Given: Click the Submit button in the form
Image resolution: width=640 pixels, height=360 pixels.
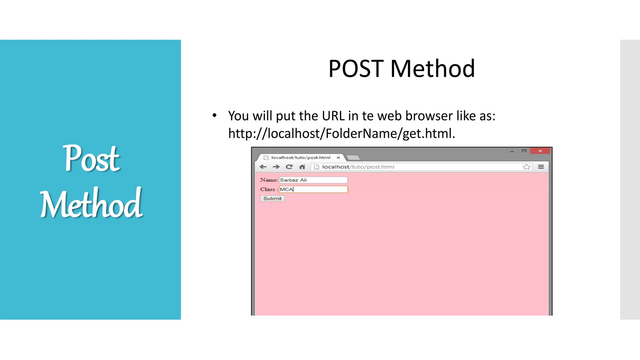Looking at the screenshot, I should (272, 198).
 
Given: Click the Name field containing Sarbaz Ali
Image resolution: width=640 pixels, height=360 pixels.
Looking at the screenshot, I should (313, 180).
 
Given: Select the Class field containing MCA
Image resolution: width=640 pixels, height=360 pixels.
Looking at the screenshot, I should (313, 189).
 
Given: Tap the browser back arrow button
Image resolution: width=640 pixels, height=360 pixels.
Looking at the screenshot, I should (263, 167).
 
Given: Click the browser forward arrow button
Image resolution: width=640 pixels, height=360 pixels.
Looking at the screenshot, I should (276, 167).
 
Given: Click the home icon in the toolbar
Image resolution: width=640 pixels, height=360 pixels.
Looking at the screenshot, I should (302, 167).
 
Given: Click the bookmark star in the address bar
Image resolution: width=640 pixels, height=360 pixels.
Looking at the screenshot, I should (526, 167).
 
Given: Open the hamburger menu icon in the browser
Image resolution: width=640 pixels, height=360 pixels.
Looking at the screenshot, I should (541, 167).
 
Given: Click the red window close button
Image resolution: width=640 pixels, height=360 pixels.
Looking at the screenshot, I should (540, 151).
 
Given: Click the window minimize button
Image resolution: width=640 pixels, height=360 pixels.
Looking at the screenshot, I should (512, 151).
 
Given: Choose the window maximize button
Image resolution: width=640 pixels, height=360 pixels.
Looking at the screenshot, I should (524, 151).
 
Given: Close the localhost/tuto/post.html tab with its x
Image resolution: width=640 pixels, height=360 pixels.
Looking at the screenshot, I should (338, 158).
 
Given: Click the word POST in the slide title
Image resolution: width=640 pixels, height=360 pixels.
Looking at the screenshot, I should (356, 69).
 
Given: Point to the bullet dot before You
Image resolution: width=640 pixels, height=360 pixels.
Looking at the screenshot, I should (214, 116).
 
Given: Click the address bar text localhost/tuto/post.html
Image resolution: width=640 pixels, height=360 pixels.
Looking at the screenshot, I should (358, 167).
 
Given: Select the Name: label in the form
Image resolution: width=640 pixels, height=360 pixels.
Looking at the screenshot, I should (269, 180).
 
